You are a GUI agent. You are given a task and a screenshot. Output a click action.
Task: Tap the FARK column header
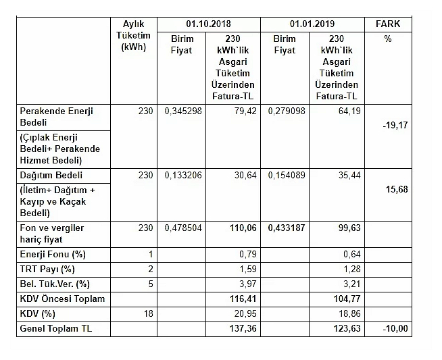tap(387, 24)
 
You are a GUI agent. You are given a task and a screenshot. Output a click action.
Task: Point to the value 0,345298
tap(183, 111)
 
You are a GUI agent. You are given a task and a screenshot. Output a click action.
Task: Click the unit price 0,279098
tap(288, 111)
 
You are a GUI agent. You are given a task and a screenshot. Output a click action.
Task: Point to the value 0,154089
tap(288, 175)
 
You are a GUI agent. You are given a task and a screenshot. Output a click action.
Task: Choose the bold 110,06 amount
tap(243, 228)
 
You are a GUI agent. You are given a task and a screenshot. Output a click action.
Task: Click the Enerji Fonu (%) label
tap(53, 255)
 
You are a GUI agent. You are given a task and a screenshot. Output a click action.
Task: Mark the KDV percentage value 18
tap(149, 314)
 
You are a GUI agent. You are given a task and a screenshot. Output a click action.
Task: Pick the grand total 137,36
tap(244, 329)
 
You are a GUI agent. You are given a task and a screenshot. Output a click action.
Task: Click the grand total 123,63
tap(346, 329)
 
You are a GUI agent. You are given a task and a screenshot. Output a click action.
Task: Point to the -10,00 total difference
tap(395, 329)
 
